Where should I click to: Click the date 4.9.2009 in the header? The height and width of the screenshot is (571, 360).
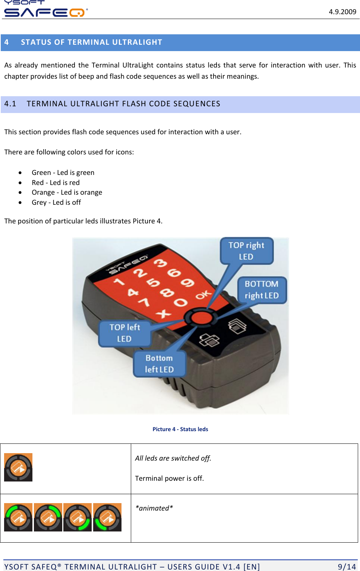click(x=342, y=12)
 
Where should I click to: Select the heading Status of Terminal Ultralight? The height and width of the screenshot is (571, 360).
click(x=91, y=42)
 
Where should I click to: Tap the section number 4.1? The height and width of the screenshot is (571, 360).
click(x=10, y=104)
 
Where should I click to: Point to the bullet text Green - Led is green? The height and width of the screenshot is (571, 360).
click(x=63, y=172)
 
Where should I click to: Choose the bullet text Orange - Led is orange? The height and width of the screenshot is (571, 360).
click(x=67, y=192)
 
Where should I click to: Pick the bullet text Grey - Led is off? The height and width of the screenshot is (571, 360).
click(x=56, y=202)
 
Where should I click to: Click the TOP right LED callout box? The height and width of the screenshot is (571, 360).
click(x=246, y=251)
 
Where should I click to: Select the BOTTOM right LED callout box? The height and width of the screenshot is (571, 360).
click(x=262, y=290)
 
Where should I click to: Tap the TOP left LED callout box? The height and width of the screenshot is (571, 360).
click(x=124, y=333)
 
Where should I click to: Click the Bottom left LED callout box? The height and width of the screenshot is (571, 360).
click(x=159, y=364)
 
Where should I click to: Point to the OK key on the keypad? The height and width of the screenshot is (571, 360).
click(x=203, y=295)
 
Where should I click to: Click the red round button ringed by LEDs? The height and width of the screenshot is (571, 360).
click(x=201, y=318)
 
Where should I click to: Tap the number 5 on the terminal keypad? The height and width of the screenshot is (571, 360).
click(x=153, y=282)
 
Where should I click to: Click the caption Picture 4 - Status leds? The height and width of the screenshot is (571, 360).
click(x=180, y=429)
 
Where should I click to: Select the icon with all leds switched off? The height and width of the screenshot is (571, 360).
click(x=18, y=467)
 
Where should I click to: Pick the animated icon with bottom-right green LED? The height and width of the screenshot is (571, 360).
click(x=78, y=517)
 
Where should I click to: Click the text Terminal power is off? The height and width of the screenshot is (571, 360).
click(x=169, y=478)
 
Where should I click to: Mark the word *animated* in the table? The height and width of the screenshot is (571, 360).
click(x=154, y=508)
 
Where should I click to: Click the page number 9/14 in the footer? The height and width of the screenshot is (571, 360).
click(x=347, y=567)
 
